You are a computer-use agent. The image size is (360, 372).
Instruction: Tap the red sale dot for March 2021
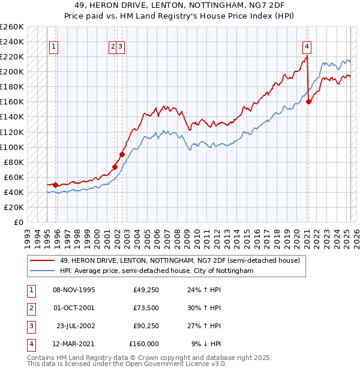[x=308, y=102]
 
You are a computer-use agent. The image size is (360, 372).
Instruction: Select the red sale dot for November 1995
[x=55, y=185]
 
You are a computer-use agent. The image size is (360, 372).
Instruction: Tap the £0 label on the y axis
[x=19, y=222]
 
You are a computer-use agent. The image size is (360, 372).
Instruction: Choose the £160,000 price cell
[x=145, y=344]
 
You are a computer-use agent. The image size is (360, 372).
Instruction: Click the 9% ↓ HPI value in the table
[x=206, y=344]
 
